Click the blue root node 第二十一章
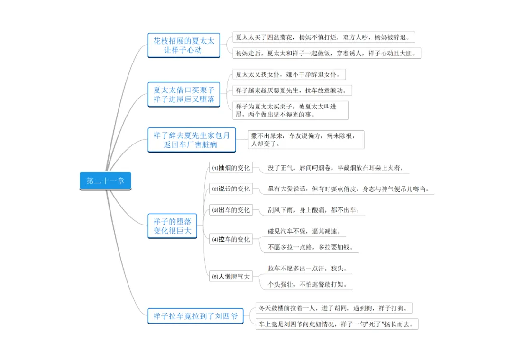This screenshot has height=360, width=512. (x=105, y=181)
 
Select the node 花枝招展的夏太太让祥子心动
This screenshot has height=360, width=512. (x=183, y=45)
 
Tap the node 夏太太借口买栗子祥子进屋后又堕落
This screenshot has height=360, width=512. (x=183, y=94)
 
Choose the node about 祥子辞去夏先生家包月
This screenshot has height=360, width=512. (x=192, y=140)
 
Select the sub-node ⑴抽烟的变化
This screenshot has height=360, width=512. (x=231, y=168)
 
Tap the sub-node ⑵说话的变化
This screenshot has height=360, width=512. (x=231, y=189)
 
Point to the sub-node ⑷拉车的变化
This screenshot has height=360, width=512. (x=231, y=240)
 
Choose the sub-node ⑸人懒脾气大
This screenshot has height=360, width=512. (x=231, y=277)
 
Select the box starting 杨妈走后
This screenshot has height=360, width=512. (x=327, y=53)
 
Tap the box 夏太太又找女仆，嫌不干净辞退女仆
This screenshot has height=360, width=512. (x=289, y=74)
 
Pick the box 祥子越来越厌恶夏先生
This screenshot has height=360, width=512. (x=292, y=90)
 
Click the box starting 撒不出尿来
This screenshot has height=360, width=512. (x=306, y=139)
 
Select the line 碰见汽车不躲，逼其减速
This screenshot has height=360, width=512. (x=304, y=232)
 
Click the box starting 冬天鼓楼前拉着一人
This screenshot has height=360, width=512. (x=334, y=308)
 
